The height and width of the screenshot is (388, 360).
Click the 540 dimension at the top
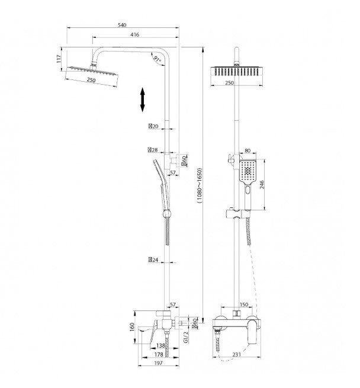click(x=122, y=25)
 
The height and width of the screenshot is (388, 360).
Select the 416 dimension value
click(x=135, y=34)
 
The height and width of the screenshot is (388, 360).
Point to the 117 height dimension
click(x=59, y=59)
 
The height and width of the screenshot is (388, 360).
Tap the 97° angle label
click(x=157, y=59)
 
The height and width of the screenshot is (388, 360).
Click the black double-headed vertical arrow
click(x=142, y=100)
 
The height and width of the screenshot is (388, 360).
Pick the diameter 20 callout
click(x=153, y=126)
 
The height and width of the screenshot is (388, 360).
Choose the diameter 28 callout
click(x=153, y=150)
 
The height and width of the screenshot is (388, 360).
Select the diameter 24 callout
click(x=153, y=260)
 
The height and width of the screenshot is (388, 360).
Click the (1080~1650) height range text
click(x=200, y=185)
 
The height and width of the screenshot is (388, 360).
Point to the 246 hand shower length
click(x=262, y=185)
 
